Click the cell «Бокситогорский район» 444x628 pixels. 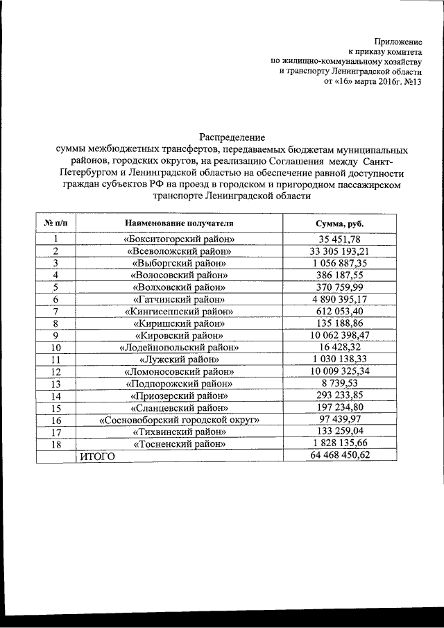click(x=179, y=239)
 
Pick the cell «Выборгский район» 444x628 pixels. click(x=179, y=264)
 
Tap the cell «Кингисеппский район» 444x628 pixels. click(x=179, y=312)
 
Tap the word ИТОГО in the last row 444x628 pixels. click(x=94, y=457)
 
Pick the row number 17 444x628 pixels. click(x=55, y=432)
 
